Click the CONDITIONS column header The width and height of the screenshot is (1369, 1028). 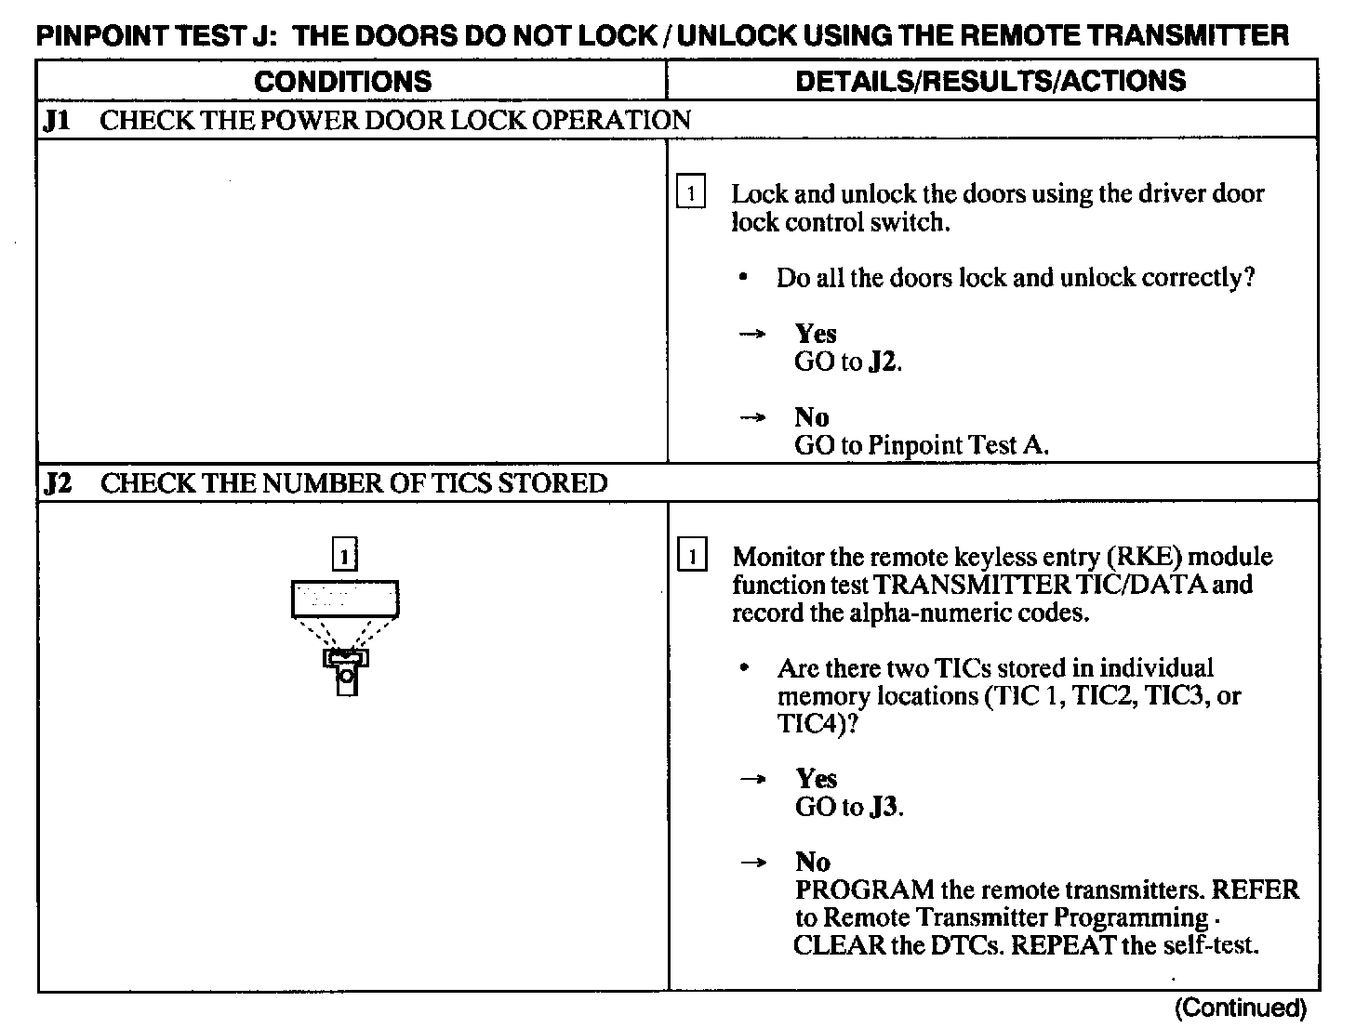tap(342, 81)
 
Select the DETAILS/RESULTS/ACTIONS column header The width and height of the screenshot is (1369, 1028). tap(990, 81)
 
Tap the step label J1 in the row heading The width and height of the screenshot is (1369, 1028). tap(58, 121)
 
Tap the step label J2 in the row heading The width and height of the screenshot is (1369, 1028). tap(59, 483)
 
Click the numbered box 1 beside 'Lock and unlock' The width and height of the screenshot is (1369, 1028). tap(690, 193)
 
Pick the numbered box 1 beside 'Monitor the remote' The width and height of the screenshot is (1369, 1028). tap(691, 557)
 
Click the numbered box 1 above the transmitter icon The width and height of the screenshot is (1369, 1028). tap(345, 556)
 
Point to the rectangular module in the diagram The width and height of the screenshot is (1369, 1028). tap(345, 599)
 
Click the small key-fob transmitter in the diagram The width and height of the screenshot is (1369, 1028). tap(346, 670)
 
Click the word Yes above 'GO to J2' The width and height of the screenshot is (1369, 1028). tap(816, 334)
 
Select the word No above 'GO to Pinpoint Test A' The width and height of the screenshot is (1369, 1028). tap(811, 416)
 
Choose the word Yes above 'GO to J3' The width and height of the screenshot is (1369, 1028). tap(816, 778)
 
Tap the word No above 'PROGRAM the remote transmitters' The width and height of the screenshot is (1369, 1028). tap(812, 862)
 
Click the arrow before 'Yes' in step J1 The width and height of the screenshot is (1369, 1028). tap(751, 334)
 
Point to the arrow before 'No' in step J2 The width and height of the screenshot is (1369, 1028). tap(752, 863)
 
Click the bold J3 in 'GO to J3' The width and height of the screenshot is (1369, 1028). tap(884, 807)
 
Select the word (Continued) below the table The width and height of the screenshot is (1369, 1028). tap(1241, 1008)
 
